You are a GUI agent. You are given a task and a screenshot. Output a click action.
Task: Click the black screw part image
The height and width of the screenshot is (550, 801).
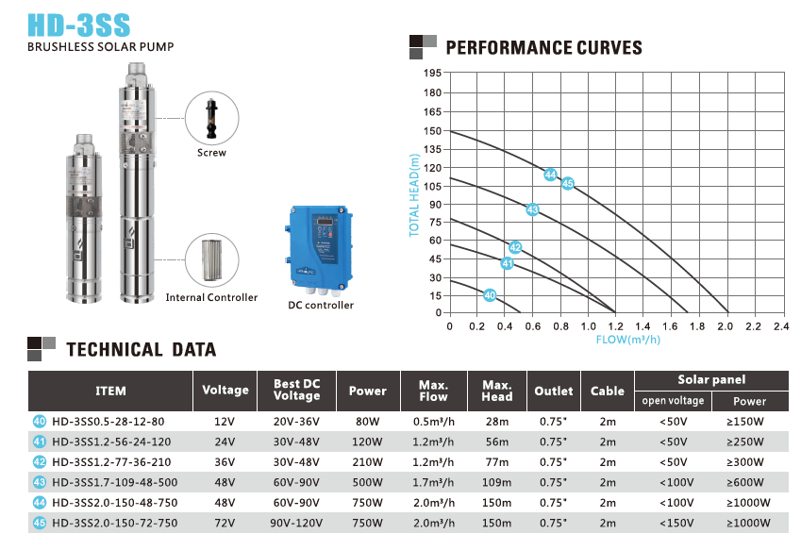[211, 118]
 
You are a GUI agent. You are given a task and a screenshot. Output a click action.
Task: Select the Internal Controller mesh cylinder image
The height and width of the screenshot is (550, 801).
[211, 259]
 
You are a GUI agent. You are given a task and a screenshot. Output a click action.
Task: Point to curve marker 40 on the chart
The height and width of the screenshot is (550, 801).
[489, 295]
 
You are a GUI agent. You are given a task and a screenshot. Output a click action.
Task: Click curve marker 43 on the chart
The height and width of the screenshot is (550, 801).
[532, 209]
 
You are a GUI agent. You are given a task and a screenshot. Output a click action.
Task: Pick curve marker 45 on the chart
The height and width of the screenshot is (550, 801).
[568, 183]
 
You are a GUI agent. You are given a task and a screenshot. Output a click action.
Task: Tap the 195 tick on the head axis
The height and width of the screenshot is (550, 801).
[433, 74]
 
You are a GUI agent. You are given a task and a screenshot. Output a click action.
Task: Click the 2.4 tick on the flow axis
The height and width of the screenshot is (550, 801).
[780, 326]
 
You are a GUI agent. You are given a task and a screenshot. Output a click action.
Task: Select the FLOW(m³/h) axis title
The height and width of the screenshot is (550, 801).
[627, 339]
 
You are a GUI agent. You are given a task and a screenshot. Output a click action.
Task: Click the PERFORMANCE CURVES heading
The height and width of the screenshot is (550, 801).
[542, 48]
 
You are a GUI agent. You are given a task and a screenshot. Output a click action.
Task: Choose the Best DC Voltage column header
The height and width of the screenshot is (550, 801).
[297, 390]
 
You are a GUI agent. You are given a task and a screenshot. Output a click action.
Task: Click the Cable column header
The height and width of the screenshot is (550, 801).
[608, 391]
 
